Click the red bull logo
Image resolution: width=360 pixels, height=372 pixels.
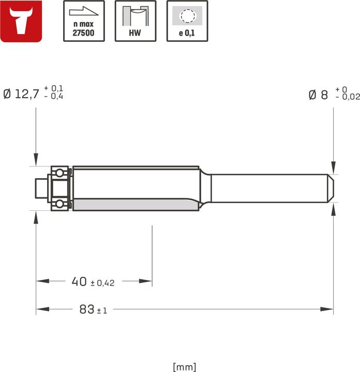[x=22, y=21]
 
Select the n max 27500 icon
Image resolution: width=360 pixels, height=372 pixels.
[x=83, y=21]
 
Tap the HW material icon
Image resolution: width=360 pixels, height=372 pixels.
[x=135, y=21]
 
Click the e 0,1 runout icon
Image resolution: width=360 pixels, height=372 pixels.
[x=187, y=21]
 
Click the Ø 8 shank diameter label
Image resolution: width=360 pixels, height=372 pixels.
[x=318, y=95]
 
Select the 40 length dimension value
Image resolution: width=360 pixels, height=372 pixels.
[x=79, y=282]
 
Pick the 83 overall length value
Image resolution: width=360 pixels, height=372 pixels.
[x=87, y=309]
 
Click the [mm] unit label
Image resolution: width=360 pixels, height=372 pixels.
[x=185, y=367]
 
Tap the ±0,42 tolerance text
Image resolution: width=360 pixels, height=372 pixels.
[x=102, y=283]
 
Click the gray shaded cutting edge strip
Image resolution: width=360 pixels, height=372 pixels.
[x=136, y=205]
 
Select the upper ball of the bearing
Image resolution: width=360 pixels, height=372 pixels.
[x=61, y=172]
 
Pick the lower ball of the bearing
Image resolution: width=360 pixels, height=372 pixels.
[x=61, y=204]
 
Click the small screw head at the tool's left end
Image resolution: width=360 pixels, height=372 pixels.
[x=40, y=188]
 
